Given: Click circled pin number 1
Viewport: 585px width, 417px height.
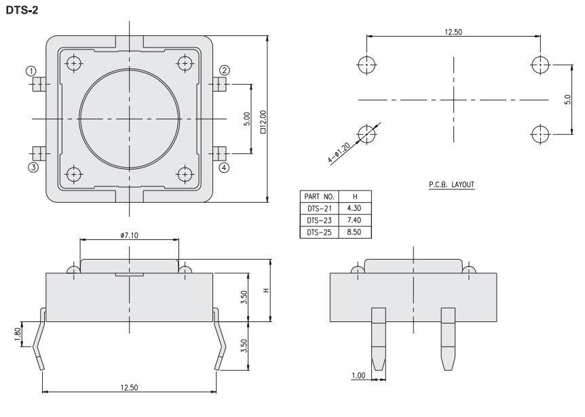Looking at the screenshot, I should tap(31, 70).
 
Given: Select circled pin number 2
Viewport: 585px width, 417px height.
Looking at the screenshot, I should tap(225, 70).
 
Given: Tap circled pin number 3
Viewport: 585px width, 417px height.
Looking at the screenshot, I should tap(31, 167).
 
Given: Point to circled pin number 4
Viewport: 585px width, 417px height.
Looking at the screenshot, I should tap(225, 167).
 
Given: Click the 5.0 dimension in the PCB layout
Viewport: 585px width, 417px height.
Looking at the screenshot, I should tap(568, 100).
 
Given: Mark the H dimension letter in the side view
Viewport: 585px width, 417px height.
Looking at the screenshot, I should tap(266, 290).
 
